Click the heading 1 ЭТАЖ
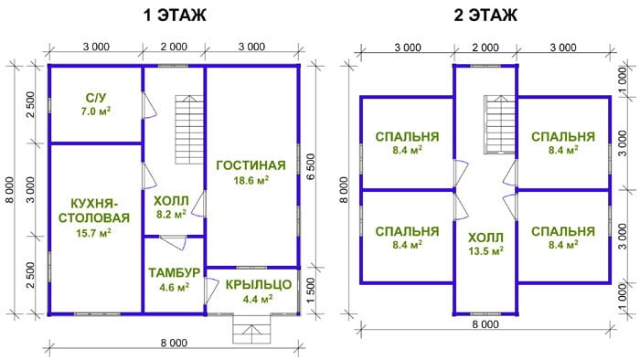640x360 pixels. click(175, 16)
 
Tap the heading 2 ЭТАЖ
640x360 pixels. click(485, 16)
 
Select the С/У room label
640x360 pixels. click(96, 98)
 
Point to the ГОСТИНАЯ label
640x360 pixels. click(251, 165)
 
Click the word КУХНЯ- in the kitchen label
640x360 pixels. click(94, 203)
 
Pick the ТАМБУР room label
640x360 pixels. click(175, 273)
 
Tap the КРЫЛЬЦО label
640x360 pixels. click(259, 284)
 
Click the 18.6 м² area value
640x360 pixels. click(251, 180)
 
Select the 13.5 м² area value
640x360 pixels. click(485, 250)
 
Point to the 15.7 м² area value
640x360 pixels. click(94, 233)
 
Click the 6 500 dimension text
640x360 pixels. click(311, 167)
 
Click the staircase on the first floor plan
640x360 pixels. click(190, 130)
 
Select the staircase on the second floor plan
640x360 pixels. click(500, 124)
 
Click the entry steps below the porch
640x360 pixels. click(251, 330)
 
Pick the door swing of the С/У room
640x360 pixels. click(149, 106)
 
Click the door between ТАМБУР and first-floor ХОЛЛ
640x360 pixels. click(173, 242)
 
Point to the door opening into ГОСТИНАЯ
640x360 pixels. click(198, 203)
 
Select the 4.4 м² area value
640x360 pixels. click(258, 300)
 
